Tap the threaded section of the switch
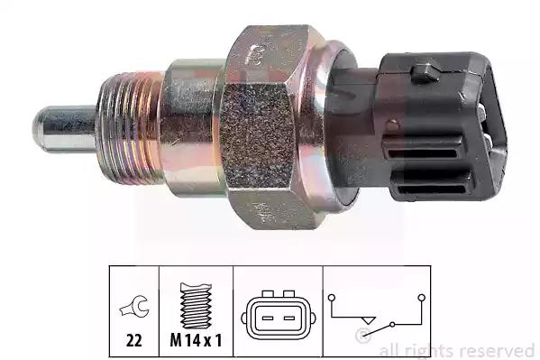click(x=130, y=128)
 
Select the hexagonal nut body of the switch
click(x=272, y=127)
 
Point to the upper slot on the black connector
click(x=422, y=152)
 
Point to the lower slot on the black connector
click(x=432, y=189)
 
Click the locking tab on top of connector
click(x=425, y=73)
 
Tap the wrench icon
click(x=134, y=307)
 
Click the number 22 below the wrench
click(x=134, y=341)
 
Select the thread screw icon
click(x=196, y=306)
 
